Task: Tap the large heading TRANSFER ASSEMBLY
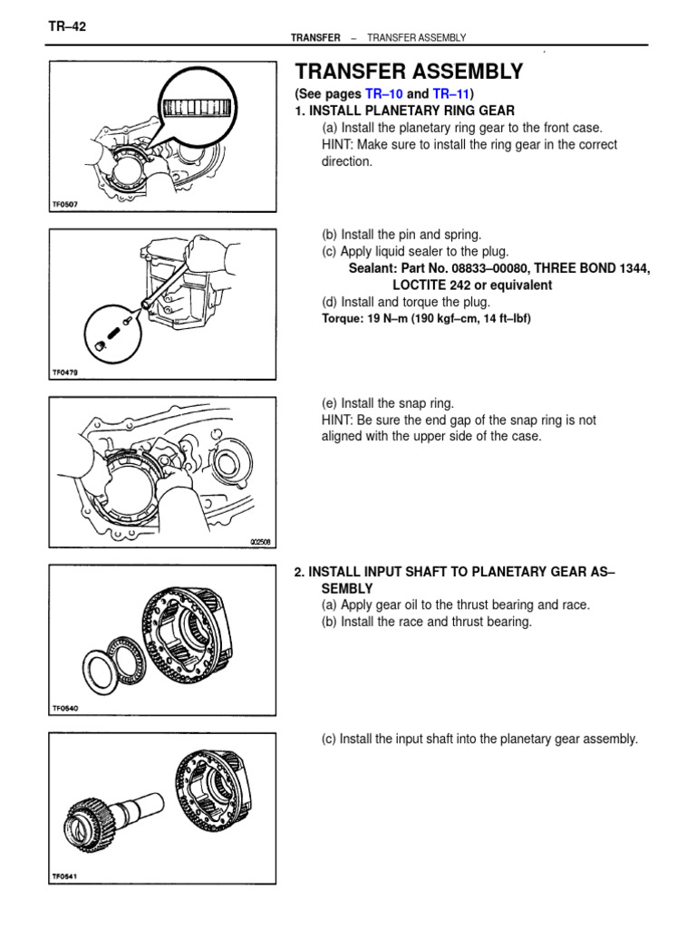(x=409, y=72)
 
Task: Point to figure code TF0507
(x=66, y=205)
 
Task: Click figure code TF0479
(x=66, y=371)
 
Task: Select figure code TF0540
(x=66, y=710)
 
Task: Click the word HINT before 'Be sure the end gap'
(x=340, y=420)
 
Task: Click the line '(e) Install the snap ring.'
(x=388, y=404)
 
